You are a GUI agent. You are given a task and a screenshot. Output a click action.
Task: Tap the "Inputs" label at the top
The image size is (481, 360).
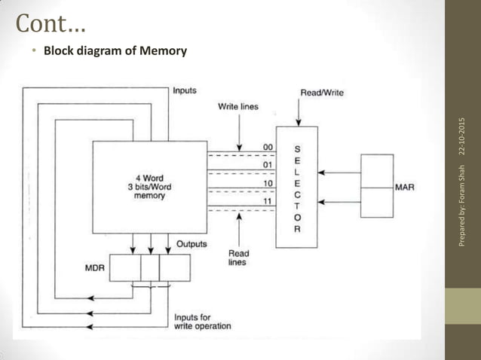185,91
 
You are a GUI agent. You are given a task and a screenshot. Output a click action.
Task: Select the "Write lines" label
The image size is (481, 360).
237,107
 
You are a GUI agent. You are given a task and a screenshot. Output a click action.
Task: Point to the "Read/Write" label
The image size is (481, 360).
322,93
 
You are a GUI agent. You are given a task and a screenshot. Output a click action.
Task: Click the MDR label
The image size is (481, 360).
94,267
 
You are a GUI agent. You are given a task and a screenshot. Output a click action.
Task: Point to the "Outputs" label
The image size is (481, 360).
192,244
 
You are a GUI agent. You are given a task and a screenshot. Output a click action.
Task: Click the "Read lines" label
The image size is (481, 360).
238,258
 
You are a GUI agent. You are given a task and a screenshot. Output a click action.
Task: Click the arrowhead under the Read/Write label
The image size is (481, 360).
299,122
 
